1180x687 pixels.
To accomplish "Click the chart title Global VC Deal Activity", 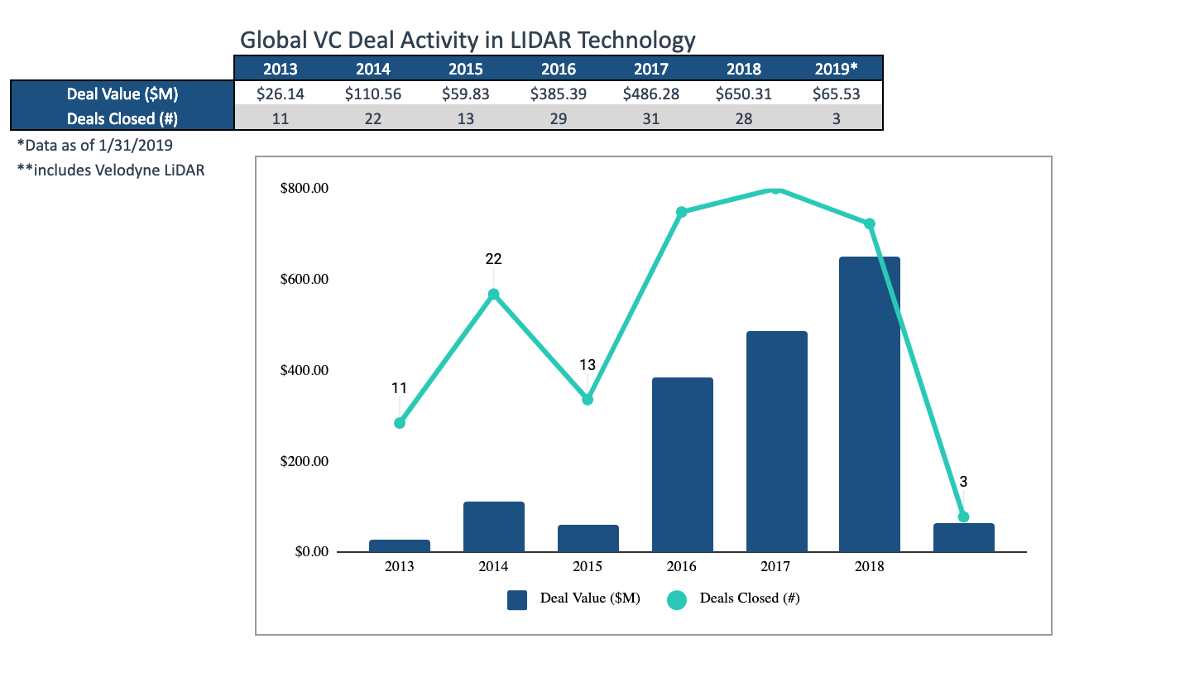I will [x=468, y=39].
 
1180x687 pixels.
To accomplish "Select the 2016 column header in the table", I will [x=559, y=69].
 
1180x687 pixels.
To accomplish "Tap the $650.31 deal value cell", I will [x=744, y=94].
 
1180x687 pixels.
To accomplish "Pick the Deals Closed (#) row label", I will [x=122, y=118].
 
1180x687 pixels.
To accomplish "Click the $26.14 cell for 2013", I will [x=281, y=94].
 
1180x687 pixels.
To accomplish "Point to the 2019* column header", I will [x=837, y=69].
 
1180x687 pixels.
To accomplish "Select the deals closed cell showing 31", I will [x=651, y=118].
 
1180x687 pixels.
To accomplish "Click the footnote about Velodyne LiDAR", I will [x=111, y=171].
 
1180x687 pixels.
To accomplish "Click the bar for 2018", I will [x=870, y=405].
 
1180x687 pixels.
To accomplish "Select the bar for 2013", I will [x=400, y=545].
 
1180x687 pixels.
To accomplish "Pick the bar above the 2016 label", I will [x=683, y=464].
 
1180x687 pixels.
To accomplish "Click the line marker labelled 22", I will [x=493, y=294].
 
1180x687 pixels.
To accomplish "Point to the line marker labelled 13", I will [x=588, y=399].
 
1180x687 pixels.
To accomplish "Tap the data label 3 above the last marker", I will [x=963, y=481].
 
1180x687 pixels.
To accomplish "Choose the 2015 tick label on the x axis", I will [x=588, y=567].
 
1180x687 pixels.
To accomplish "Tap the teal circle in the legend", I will [x=677, y=599].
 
